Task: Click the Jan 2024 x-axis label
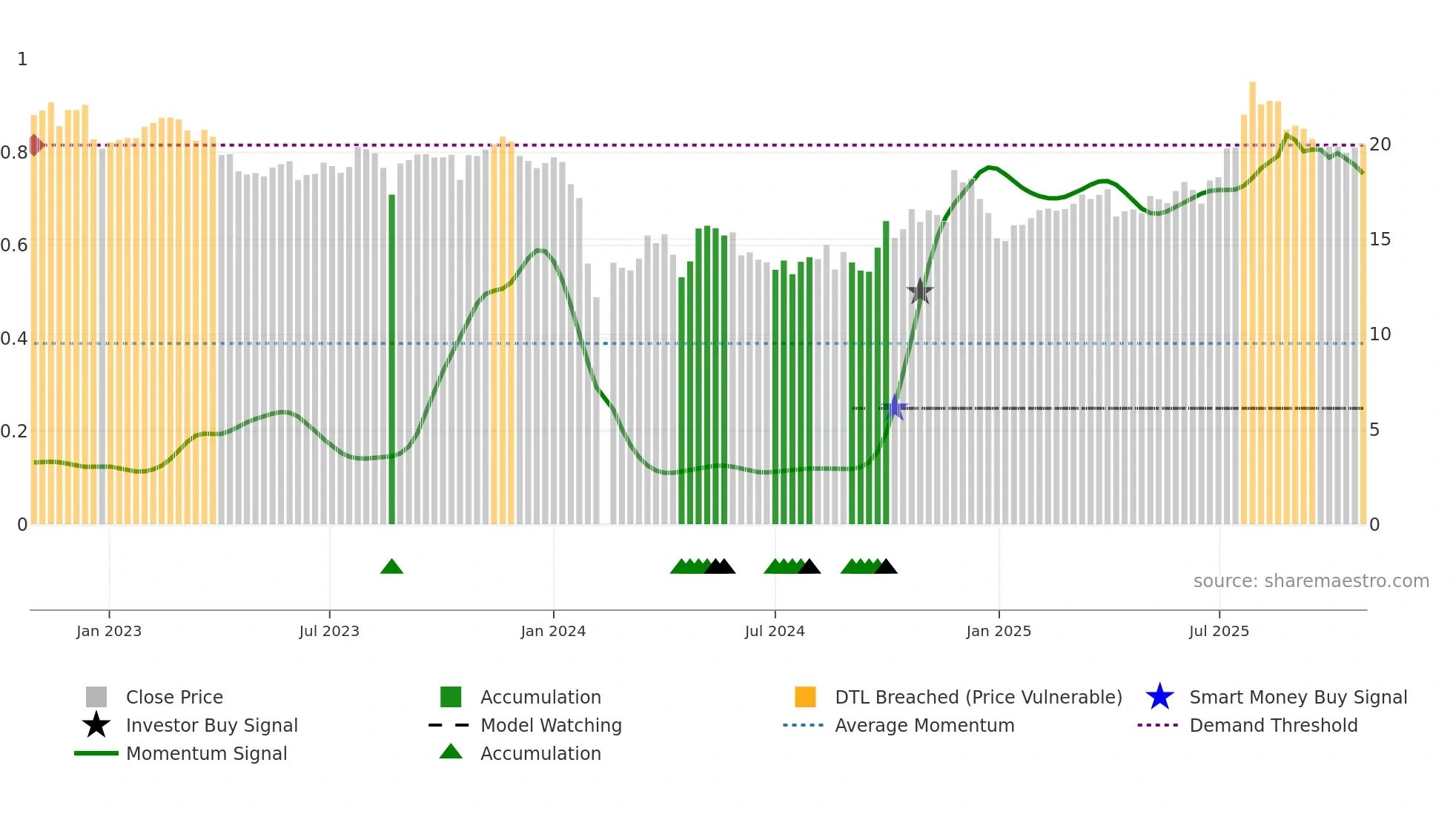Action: pos(553,631)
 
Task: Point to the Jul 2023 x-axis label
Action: pos(329,631)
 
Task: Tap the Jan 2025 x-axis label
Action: pos(999,631)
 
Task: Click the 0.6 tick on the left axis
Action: pos(14,245)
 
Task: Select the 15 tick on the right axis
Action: pos(1380,239)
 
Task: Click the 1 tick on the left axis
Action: pos(22,59)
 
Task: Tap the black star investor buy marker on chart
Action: pos(920,291)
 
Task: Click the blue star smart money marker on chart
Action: pos(895,408)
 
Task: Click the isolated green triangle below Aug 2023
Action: pos(391,567)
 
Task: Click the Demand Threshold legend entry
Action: pos(1273,725)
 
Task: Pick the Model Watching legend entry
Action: pos(550,725)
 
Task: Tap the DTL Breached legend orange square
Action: pos(805,697)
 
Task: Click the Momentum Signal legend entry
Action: pos(206,753)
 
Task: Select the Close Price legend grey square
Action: pos(96,697)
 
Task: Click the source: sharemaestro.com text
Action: pos(1311,581)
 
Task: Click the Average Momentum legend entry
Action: pos(924,725)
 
